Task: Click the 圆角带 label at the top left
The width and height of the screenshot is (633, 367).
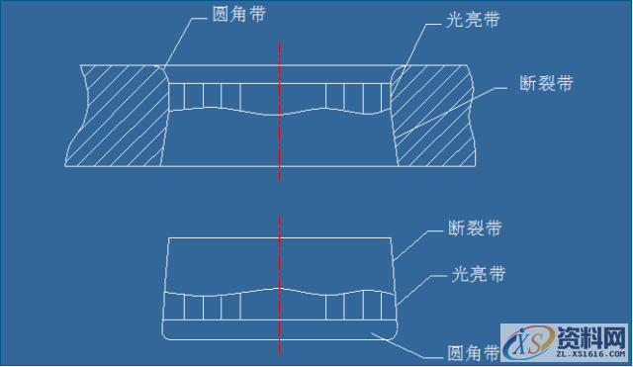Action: pyautogui.click(x=238, y=15)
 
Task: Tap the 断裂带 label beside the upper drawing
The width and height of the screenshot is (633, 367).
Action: pyautogui.click(x=545, y=84)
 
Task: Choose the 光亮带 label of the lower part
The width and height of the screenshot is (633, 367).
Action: pyautogui.click(x=478, y=273)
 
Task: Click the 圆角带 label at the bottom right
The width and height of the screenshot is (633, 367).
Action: pyautogui.click(x=461, y=350)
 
